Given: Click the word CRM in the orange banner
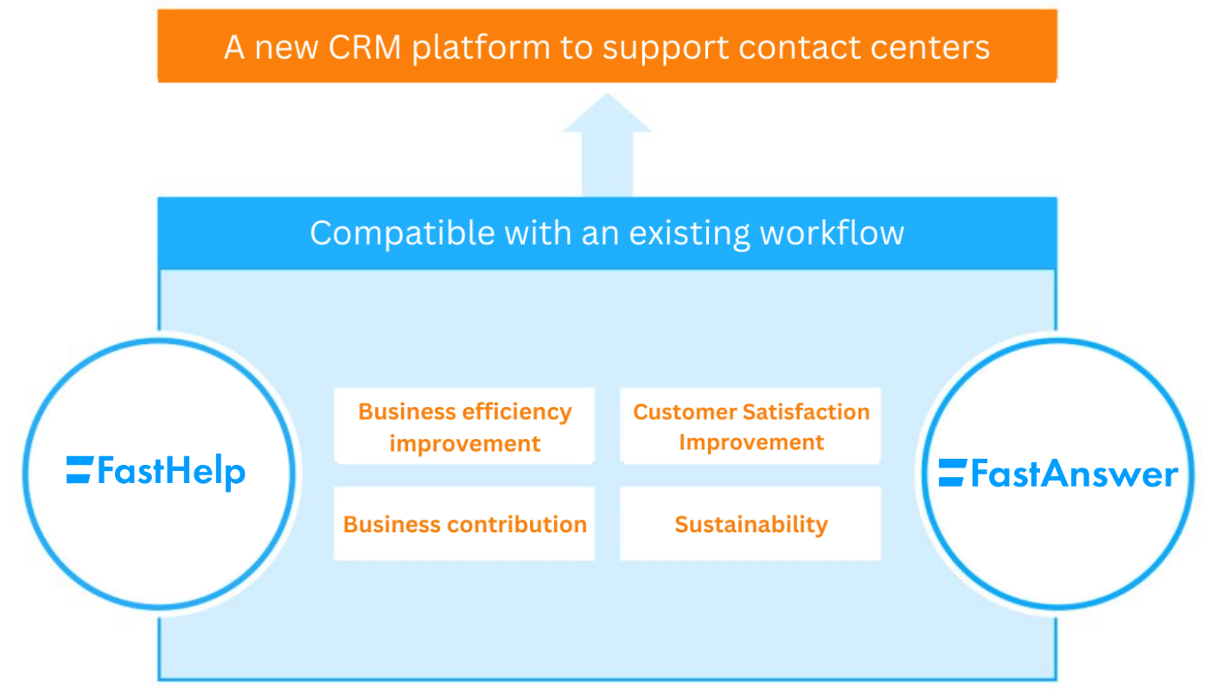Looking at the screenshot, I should coord(365,47).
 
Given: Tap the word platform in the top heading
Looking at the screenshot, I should coord(481,47).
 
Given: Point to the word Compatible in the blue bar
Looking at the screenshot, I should coord(401,233).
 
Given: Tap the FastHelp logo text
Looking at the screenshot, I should coord(171,472).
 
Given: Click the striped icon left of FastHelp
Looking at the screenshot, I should coord(79,469).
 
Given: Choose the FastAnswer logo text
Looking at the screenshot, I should coord(1074,474).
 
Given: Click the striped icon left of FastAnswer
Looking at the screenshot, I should coord(952,472).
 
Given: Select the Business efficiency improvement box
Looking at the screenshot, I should coord(464,427).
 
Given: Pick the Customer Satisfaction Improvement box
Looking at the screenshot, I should coord(750,427).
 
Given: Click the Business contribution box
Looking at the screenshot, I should coord(464,525).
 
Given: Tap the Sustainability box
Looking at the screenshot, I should coord(750,525).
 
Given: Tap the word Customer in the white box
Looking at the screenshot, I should coord(685,412).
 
